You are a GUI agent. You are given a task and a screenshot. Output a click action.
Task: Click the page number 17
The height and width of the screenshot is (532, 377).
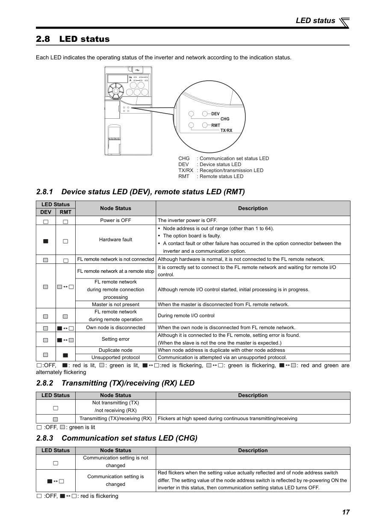345,512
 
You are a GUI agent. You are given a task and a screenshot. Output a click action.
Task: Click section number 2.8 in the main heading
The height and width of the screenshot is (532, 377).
43,39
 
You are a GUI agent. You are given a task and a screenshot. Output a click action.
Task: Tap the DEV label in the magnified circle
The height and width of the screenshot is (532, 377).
215,114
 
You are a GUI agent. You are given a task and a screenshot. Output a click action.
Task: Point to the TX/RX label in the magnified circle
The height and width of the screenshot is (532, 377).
227,130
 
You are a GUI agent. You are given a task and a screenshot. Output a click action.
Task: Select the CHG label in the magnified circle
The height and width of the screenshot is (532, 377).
225,119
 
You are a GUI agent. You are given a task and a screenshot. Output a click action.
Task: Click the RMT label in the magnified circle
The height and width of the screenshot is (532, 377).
215,125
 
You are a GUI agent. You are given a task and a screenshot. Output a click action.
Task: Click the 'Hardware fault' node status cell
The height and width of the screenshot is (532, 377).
115,240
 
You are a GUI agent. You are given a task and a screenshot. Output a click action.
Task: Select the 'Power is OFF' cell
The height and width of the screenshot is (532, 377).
115,220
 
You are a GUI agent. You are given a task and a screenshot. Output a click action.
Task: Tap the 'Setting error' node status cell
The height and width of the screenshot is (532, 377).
115,339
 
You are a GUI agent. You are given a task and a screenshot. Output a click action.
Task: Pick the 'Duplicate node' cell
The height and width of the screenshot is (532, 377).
115,350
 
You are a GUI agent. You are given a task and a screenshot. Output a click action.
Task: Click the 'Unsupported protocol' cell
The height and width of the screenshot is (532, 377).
115,357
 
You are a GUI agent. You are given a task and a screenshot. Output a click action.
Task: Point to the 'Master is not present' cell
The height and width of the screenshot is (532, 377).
115,304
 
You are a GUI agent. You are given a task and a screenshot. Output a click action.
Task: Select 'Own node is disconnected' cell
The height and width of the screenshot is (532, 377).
115,327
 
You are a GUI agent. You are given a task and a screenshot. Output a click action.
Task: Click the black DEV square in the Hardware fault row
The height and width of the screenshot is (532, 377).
46,241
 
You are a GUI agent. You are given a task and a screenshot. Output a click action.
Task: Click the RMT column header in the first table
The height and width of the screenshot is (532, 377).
65,212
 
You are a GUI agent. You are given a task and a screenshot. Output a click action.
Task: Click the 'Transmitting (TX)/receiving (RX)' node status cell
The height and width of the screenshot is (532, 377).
115,418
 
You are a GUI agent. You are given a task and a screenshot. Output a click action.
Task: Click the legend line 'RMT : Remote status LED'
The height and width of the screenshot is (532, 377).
211,176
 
